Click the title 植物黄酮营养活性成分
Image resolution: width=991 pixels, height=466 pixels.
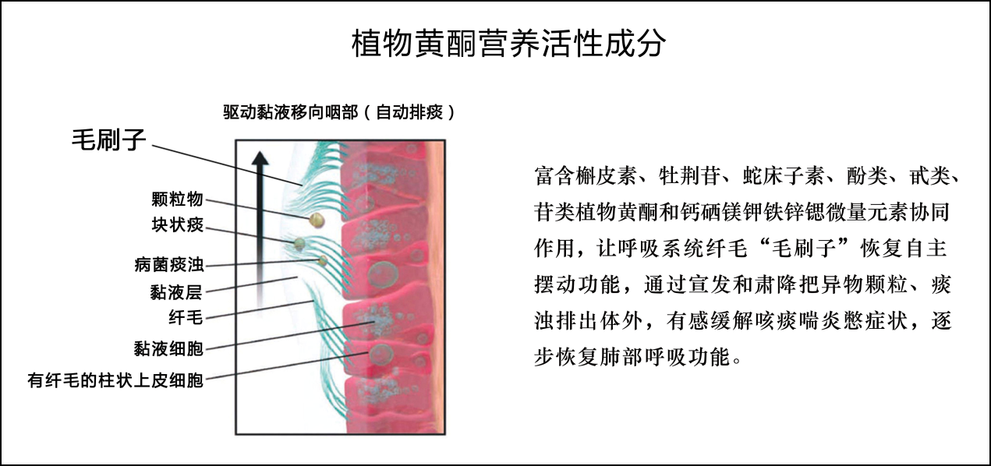click(x=508, y=44)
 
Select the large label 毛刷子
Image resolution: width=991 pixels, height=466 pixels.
click(x=109, y=140)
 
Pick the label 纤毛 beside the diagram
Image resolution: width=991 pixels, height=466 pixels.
click(x=186, y=317)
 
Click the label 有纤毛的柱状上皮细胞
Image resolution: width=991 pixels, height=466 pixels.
click(x=115, y=380)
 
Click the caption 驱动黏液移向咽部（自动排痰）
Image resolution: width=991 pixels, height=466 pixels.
click(x=339, y=112)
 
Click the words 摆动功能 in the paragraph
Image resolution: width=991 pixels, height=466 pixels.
click(x=577, y=284)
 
